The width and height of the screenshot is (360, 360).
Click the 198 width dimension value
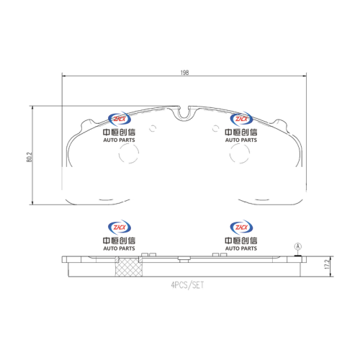coord(184,72)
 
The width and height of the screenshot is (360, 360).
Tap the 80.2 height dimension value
coord(30,157)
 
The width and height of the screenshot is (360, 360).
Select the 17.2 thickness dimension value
coord(327,264)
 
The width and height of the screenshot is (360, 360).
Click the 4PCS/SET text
coord(187,285)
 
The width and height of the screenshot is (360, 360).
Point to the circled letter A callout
coord(298,246)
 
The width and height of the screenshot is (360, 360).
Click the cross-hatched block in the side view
coord(129,267)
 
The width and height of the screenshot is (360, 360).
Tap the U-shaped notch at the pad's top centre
coord(184,114)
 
